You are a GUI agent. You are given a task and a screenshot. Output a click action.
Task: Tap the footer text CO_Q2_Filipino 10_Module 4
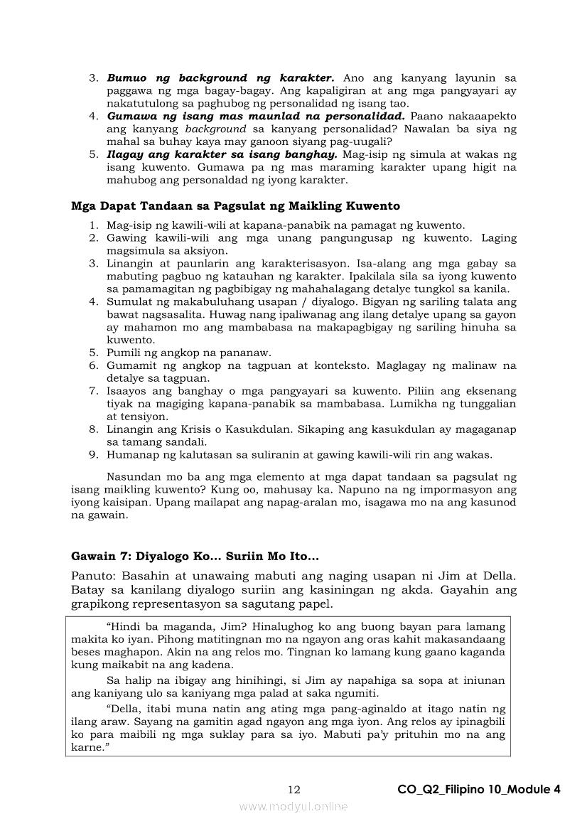pyautogui.click(x=480, y=790)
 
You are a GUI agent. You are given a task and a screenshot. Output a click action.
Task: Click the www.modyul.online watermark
pyautogui.click(x=293, y=806)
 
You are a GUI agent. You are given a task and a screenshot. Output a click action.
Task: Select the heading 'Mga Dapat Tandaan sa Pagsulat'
pyautogui.click(x=235, y=206)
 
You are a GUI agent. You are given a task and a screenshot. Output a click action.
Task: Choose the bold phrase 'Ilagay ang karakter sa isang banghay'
pyautogui.click(x=222, y=154)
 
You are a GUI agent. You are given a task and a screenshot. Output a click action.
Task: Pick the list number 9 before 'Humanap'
pyautogui.click(x=93, y=455)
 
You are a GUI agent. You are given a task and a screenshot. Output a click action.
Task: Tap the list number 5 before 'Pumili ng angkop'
pyautogui.click(x=93, y=353)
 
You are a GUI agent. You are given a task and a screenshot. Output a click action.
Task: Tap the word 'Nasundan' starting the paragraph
pyautogui.click(x=131, y=477)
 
